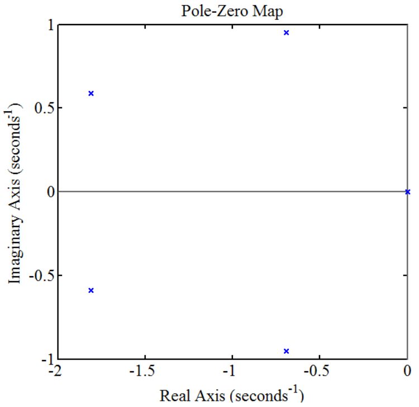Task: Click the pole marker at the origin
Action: [x=407, y=192]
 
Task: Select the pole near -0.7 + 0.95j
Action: [x=286, y=32]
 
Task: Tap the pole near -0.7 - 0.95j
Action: [x=286, y=351]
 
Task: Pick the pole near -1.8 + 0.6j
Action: [x=91, y=93]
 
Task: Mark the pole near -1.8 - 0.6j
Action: [x=91, y=290]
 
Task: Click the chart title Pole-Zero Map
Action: [x=232, y=11]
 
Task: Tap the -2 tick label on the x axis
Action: [x=55, y=371]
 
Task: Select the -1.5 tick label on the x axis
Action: [x=142, y=371]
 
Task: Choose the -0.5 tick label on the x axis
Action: [x=317, y=371]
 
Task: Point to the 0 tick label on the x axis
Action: [x=407, y=371]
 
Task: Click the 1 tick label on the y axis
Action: [x=51, y=26]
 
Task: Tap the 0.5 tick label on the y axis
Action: [x=45, y=108]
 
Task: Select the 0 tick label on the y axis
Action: [x=51, y=192]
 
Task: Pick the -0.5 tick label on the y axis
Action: [x=42, y=276]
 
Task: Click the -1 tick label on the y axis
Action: [x=48, y=359]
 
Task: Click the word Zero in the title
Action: [x=232, y=11]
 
